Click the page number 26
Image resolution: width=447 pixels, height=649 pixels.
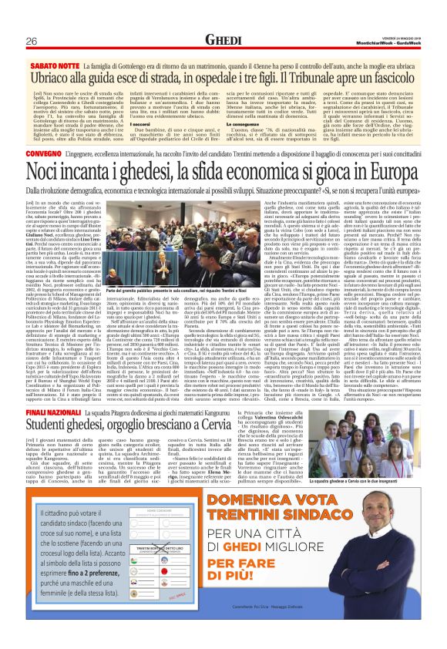(x=32, y=40)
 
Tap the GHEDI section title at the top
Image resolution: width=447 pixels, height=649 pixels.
(x=223, y=39)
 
